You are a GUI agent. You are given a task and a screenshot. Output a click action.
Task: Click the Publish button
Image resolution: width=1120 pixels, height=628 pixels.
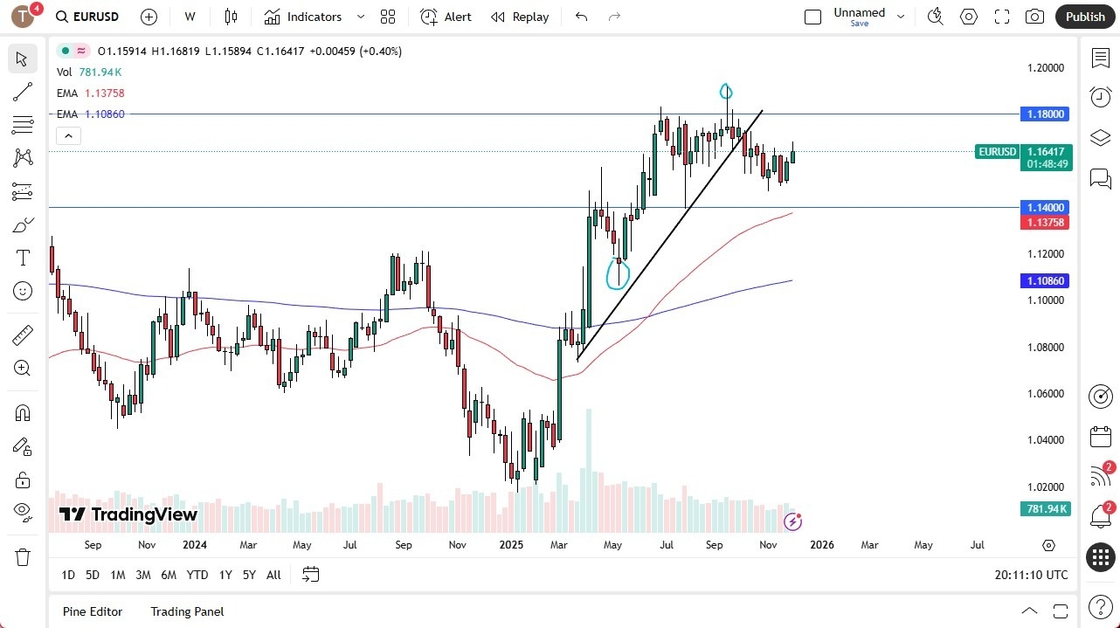1085,17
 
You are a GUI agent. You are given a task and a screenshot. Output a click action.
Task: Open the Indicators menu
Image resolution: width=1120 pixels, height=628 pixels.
314,17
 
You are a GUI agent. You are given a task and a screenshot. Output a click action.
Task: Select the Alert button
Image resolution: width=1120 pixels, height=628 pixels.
446,17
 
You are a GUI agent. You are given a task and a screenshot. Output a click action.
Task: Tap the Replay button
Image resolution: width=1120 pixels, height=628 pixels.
520,17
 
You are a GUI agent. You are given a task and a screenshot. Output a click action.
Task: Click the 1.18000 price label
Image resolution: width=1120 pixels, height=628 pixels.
1045,114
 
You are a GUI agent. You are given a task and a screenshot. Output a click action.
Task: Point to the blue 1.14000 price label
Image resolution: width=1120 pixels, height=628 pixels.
1045,208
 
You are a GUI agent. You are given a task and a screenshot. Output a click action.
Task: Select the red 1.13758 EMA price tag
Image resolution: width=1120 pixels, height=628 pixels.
1045,222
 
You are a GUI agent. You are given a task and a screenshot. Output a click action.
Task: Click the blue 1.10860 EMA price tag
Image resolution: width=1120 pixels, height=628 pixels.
1045,281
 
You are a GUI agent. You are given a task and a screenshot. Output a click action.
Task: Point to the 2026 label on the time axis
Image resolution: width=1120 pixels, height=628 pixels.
821,545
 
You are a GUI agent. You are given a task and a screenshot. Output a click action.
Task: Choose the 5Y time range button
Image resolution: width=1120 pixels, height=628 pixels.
249,575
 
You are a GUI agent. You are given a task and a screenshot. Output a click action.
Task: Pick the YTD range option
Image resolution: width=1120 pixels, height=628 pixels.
197,575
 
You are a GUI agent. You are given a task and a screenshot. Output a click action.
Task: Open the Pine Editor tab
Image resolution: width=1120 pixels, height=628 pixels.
93,611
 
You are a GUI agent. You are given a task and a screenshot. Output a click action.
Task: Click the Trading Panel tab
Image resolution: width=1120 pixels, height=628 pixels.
187,611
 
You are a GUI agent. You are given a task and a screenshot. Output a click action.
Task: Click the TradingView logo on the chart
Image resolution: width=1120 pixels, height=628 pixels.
128,514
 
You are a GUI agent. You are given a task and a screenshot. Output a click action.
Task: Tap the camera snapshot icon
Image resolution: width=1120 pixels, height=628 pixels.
1034,17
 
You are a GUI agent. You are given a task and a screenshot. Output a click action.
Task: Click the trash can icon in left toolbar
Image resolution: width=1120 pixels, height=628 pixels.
23,557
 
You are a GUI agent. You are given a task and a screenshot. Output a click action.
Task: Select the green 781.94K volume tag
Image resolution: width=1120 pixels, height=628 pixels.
1045,509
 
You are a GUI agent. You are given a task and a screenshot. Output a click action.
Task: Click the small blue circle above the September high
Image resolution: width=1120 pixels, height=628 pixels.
726,91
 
